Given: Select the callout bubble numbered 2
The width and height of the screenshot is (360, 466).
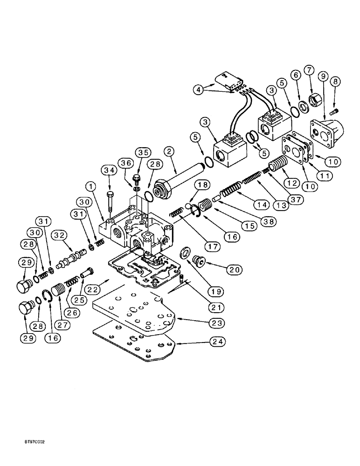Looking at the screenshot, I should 169,151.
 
